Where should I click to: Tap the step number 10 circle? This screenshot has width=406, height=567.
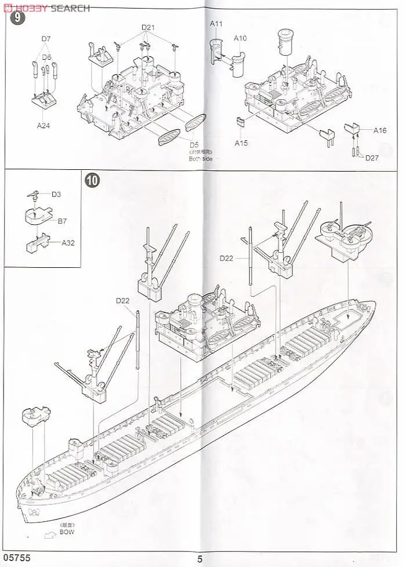coord(92,179)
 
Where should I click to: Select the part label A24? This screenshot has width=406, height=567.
coord(43,125)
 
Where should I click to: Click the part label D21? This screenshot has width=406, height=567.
coord(148,28)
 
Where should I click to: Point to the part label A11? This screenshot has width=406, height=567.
coord(217,24)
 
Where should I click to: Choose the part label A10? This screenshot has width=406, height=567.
coord(240,38)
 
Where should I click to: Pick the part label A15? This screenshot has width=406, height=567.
coord(241,143)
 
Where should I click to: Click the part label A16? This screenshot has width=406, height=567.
coord(380,130)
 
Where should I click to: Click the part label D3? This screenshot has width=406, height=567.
coord(56,194)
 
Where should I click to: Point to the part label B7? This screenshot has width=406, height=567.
coord(63,221)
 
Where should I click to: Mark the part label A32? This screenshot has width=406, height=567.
coord(69,243)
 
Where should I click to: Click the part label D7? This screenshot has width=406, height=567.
coord(46,39)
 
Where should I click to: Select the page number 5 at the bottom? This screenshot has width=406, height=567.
coord(200,559)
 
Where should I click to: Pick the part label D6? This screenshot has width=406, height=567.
coord(46,57)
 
